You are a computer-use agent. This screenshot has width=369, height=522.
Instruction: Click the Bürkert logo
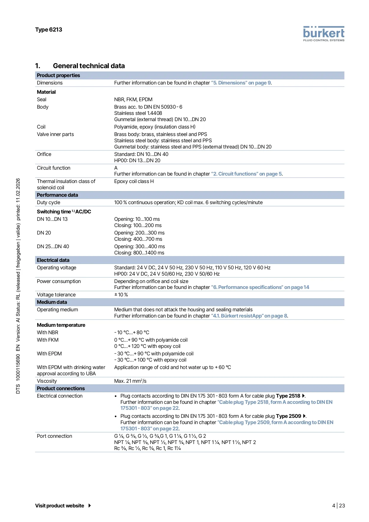pyautogui.click(x=324, y=34)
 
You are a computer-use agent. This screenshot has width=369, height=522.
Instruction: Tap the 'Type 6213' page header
pyautogui.click(x=48, y=30)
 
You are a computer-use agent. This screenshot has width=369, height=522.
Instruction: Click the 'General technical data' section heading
pyautogui.click(x=89, y=66)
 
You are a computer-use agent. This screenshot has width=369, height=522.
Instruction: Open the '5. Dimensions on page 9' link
pyautogui.click(x=241, y=83)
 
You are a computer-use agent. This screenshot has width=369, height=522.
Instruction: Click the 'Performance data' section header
pyautogui.click(x=57, y=195)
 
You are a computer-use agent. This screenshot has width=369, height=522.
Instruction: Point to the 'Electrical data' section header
pyautogui.click(x=53, y=260)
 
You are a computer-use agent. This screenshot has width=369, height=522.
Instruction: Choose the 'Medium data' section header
pyautogui.click(x=52, y=302)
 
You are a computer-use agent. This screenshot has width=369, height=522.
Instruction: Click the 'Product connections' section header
pyautogui.click(x=61, y=388)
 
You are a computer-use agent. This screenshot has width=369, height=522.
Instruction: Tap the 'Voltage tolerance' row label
pyautogui.click(x=56, y=295)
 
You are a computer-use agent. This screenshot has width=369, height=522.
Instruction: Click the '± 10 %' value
pyautogui.click(x=121, y=295)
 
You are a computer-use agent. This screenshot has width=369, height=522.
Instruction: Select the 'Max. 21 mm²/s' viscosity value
pyautogui.click(x=130, y=381)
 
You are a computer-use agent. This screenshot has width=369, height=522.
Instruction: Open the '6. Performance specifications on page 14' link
pyautogui.click(x=260, y=287)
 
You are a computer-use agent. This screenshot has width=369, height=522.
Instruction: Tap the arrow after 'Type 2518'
pyautogui.click(x=303, y=396)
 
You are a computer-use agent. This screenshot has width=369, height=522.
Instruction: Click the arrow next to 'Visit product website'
pyautogui.click(x=89, y=506)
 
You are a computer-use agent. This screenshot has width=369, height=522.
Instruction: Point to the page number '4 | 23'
pyautogui.click(x=338, y=506)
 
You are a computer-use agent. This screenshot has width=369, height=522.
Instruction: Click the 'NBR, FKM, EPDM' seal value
pyautogui.click(x=133, y=99)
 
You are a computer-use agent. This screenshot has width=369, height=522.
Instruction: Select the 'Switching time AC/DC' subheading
pyautogui.click(x=64, y=212)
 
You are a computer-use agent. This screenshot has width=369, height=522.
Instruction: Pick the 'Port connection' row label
pyautogui.click(x=54, y=436)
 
